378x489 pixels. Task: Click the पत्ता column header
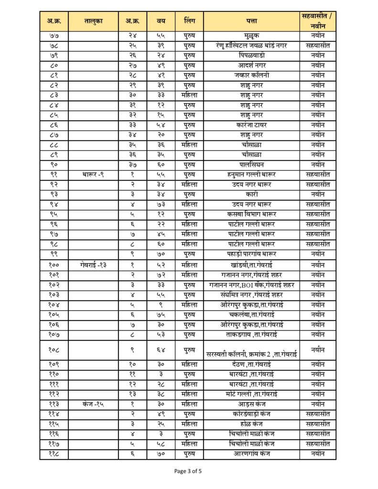pos(252,20)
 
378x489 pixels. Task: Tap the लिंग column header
pos(188,20)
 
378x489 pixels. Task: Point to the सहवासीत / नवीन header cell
pos(318,20)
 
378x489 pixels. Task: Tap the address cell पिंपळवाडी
pos(252,55)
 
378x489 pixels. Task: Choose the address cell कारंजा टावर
pos(252,125)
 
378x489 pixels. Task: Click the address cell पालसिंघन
pos(252,164)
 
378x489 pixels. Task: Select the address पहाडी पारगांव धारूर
pos(252,253)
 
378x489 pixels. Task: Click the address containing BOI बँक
pos(252,285)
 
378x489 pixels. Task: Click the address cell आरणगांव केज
pos(252,453)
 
